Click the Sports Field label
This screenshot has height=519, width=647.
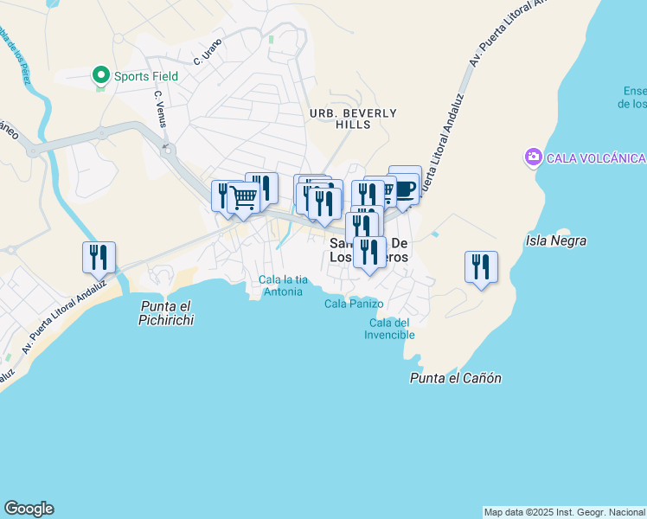click(x=146, y=76)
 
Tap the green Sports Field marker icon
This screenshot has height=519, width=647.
click(x=101, y=76)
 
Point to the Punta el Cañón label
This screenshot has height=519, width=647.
click(x=456, y=378)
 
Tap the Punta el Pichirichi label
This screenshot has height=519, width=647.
click(x=166, y=313)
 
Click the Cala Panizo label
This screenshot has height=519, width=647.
click(x=354, y=304)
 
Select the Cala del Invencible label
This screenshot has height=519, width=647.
click(x=388, y=329)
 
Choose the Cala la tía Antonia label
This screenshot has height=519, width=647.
click(x=283, y=285)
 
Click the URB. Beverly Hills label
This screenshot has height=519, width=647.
click(x=353, y=119)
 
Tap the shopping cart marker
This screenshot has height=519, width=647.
click(x=243, y=197)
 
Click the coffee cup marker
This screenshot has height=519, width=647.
click(x=404, y=189)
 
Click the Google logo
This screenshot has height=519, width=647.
click(x=29, y=509)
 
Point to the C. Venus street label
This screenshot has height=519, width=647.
click(x=159, y=109)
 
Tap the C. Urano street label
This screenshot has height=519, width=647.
click(x=208, y=54)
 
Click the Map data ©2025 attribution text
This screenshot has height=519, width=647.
click(x=564, y=512)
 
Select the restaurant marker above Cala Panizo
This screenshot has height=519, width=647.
click(x=369, y=252)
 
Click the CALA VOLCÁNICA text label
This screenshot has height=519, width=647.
click(x=596, y=157)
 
